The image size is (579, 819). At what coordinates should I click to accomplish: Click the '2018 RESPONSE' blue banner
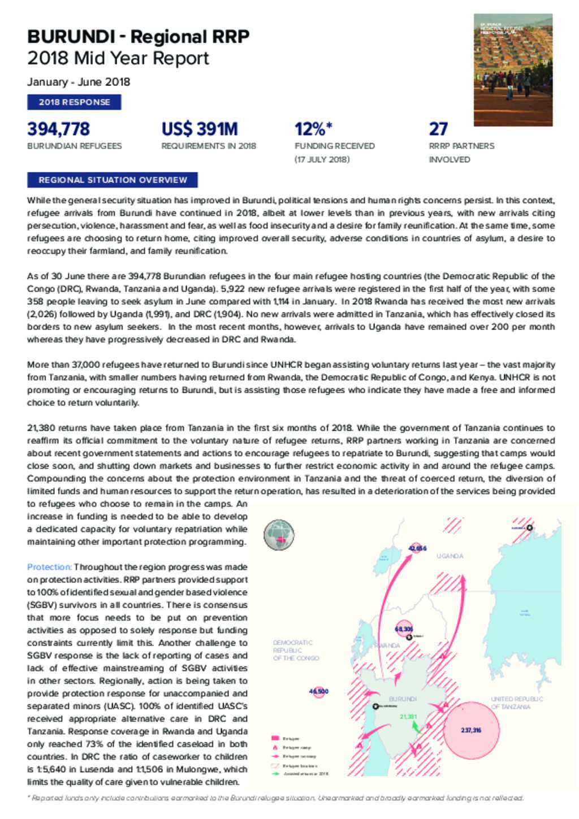click(74, 102)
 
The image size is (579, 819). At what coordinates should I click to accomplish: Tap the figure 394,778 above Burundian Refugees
click(58, 129)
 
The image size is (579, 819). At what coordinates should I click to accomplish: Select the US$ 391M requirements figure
click(200, 129)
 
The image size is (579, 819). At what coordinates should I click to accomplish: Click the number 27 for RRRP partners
click(438, 129)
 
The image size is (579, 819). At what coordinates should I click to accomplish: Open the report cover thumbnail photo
click(513, 70)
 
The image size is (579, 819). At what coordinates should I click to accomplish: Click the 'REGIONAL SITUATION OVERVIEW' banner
click(113, 180)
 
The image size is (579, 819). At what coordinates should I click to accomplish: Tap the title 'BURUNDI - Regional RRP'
click(138, 37)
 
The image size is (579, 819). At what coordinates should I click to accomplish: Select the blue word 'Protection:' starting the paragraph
click(49, 567)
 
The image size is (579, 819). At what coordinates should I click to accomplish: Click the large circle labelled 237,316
click(472, 730)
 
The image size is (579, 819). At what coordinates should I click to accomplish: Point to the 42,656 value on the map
click(417, 548)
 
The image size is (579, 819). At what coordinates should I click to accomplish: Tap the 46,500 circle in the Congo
click(319, 691)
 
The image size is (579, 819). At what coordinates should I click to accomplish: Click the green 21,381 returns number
click(408, 717)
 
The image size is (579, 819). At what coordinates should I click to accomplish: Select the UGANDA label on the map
click(450, 556)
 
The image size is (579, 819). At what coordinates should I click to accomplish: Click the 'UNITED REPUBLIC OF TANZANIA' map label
click(516, 703)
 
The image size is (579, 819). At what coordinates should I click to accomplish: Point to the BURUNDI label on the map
click(403, 699)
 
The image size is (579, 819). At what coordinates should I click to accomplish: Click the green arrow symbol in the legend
click(276, 774)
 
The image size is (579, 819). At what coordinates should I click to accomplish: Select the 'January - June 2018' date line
click(79, 82)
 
